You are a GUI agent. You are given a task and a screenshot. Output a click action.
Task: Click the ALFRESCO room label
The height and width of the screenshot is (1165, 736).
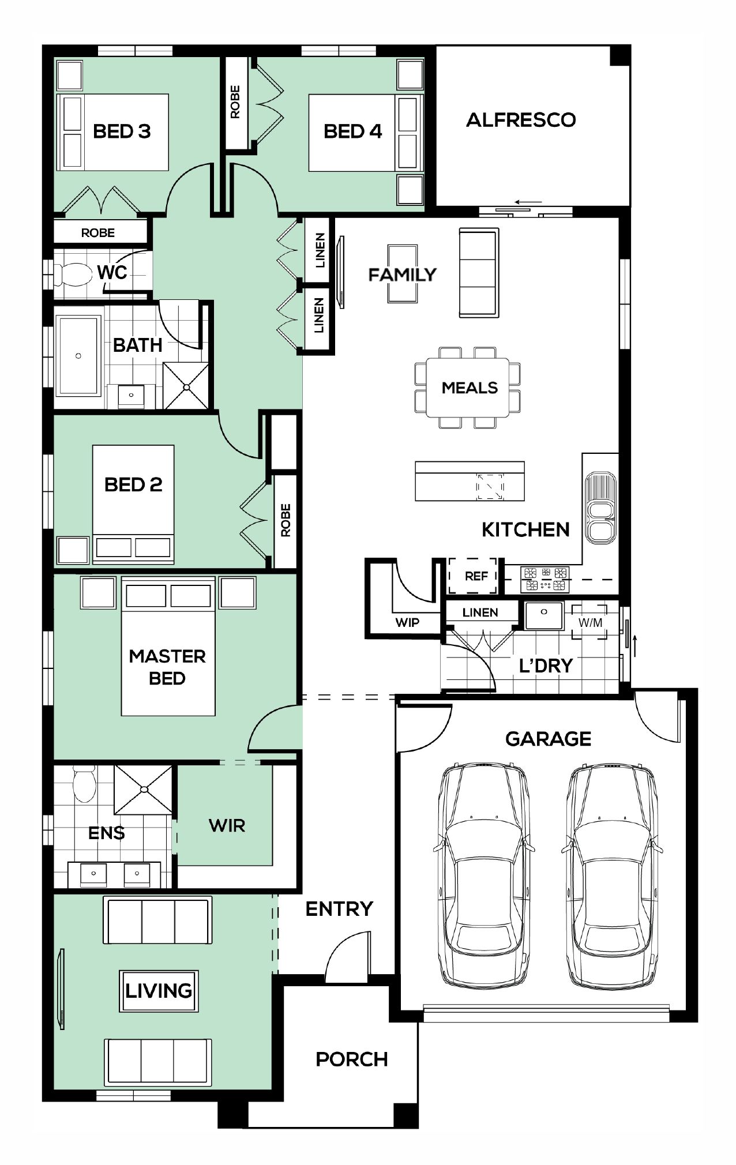pos(521,120)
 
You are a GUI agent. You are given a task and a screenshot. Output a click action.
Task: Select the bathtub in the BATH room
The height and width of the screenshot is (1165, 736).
pos(78,356)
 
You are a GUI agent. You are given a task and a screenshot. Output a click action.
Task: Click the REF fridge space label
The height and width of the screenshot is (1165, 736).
pos(476,576)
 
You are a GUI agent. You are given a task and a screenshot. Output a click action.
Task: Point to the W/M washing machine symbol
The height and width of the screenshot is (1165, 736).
pos(589,622)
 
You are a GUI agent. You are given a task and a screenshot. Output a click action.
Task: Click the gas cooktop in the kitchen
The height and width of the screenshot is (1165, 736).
pos(545,579)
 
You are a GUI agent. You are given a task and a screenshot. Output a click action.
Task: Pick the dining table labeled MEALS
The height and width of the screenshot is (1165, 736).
pos(468,387)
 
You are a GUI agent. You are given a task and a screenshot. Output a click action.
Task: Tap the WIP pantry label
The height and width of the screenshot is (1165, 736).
pos(407,622)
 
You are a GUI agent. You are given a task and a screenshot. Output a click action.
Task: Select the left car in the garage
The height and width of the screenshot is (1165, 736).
pos(483,875)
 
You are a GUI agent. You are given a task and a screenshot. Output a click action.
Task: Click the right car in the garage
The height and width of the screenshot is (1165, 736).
pos(612,875)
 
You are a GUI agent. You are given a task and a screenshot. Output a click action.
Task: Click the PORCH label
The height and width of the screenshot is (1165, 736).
pos(351,1059)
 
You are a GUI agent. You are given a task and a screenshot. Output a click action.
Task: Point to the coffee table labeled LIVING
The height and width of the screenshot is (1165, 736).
pos(159,991)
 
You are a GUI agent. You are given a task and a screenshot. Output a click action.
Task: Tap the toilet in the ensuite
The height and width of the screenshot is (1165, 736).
pos(85,784)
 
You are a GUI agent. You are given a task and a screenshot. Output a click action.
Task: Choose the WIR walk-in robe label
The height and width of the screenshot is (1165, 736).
pos(227,825)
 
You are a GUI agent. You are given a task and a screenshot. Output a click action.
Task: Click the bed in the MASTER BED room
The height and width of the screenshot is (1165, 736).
pos(168,646)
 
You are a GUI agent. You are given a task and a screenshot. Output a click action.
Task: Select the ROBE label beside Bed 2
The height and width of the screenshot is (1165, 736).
pos(286,520)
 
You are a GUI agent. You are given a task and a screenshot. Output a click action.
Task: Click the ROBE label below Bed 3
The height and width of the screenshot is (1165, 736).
pos(97,233)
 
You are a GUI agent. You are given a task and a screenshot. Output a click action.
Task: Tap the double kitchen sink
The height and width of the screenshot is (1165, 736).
pos(600,508)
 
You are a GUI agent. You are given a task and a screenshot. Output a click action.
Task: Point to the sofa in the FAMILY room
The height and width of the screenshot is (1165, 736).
pos(479,272)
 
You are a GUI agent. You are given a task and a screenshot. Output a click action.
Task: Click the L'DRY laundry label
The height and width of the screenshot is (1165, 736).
pos(546,666)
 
